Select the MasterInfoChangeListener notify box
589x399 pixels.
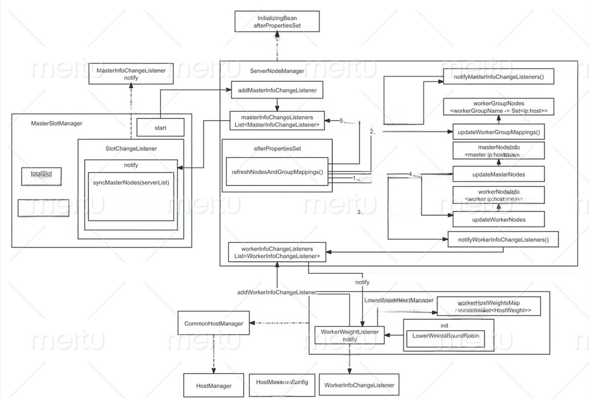[x=131, y=74]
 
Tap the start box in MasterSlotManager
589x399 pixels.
[x=160, y=128]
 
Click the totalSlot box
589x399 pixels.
[x=41, y=176]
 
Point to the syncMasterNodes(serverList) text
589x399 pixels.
[x=131, y=183]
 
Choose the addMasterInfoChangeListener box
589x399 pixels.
[x=277, y=90]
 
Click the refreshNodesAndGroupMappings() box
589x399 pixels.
[x=277, y=172]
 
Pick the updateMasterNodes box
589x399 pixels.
[x=498, y=174]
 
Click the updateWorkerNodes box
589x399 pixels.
[x=498, y=219]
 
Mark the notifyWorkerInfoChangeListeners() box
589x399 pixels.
[x=503, y=239]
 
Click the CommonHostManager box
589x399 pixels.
[x=214, y=323]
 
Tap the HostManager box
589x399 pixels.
[x=214, y=386]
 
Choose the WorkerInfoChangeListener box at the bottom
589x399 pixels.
[x=359, y=385]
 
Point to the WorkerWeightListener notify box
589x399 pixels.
[x=349, y=336]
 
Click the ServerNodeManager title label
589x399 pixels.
[x=277, y=71]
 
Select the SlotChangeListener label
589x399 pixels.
[x=131, y=148]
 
